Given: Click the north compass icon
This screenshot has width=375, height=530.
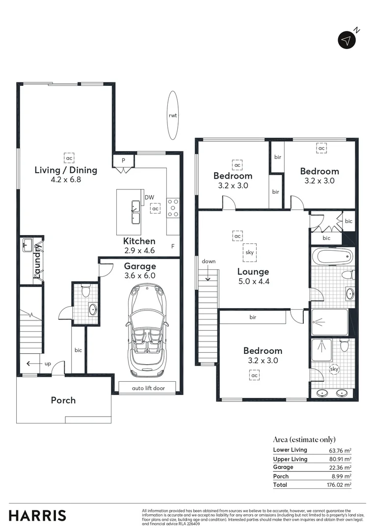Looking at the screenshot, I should click(347, 40).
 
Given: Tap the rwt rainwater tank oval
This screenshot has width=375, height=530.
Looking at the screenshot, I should click(172, 116).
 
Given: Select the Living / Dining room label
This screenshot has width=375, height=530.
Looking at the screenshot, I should click(66, 170).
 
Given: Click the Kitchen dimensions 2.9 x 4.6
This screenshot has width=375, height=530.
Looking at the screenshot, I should click(139, 250).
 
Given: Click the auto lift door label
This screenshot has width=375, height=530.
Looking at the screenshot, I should click(148, 388).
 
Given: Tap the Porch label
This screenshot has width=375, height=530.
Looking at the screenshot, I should click(63, 400).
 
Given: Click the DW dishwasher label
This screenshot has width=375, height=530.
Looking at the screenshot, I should click(149, 198).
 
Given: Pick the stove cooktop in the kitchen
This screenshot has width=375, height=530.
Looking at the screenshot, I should click(173, 208).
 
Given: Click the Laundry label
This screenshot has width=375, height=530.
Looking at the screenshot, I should click(37, 264).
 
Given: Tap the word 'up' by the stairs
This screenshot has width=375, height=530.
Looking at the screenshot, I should click(48, 364).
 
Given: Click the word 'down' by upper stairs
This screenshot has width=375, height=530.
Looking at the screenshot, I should click(208, 262).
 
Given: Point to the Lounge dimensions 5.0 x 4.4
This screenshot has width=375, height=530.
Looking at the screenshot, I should click(253, 282).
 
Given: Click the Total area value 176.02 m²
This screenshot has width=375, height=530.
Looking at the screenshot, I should click(340, 485).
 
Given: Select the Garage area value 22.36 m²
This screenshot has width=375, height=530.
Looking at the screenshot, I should click(340, 468).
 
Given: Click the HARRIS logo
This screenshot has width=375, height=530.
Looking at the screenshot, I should click(37, 516).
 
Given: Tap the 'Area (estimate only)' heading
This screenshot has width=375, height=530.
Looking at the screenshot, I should click(304, 439).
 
